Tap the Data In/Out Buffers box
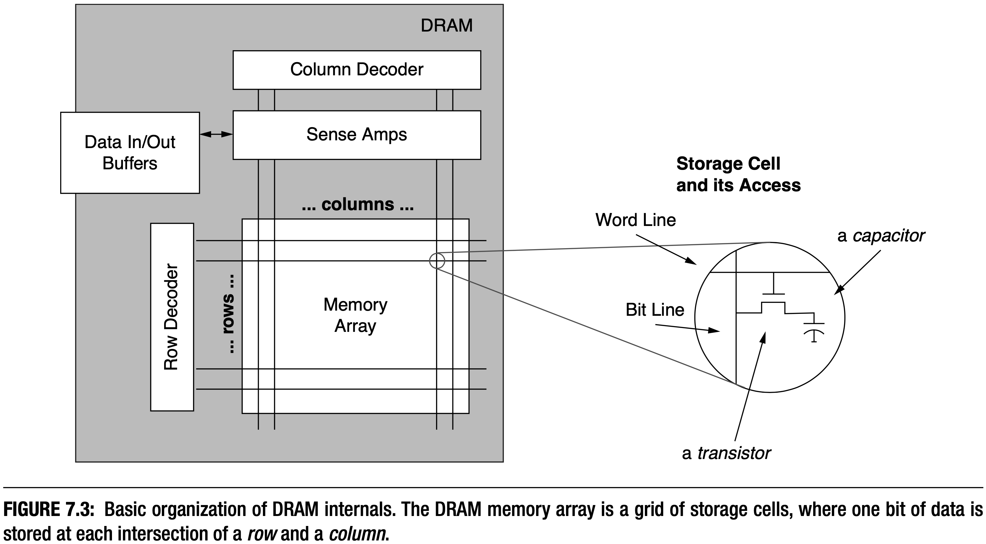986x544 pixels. point(130,153)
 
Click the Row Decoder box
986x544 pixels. point(172,317)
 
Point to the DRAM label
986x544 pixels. point(446,26)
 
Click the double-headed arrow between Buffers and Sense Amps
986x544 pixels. point(216,134)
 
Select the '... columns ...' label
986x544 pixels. point(358,204)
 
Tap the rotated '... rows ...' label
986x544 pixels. point(228,314)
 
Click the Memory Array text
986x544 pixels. point(355,315)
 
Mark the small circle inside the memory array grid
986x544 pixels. point(437,261)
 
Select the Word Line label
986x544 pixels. point(635,220)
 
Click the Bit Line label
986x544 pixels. point(655,310)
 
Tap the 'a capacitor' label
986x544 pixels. point(881,236)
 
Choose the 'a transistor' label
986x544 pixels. point(726,453)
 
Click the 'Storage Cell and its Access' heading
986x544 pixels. point(738,174)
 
